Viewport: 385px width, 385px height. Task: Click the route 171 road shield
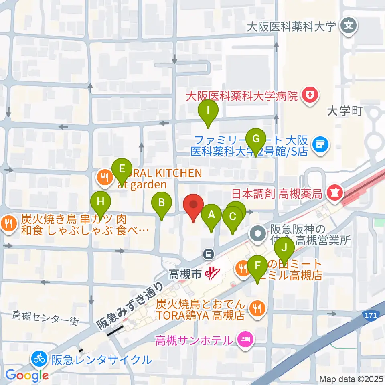click(x=372, y=316)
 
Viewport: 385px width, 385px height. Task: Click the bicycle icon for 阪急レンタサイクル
click(x=39, y=359)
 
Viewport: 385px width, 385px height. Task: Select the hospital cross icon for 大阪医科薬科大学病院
click(x=310, y=95)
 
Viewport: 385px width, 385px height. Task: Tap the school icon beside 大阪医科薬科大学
click(x=346, y=27)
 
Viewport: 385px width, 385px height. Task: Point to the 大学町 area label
click(x=344, y=111)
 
